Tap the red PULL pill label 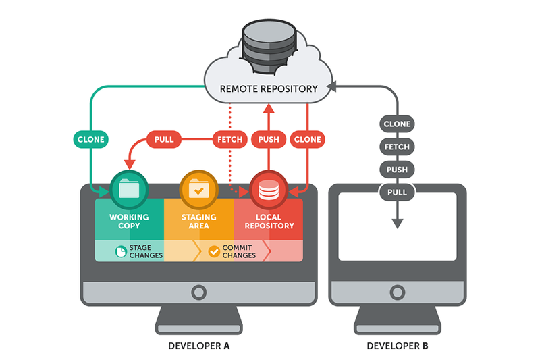click(x=164, y=140)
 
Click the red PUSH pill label click(x=269, y=140)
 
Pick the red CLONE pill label click(x=308, y=140)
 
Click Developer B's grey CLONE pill click(x=397, y=124)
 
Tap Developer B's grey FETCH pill click(x=397, y=147)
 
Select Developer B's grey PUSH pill click(x=397, y=169)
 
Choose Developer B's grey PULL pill click(x=397, y=192)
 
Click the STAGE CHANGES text click(x=141, y=252)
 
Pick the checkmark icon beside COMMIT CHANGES click(x=214, y=252)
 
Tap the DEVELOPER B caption click(x=397, y=346)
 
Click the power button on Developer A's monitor click(x=198, y=292)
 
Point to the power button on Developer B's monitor click(x=397, y=292)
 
